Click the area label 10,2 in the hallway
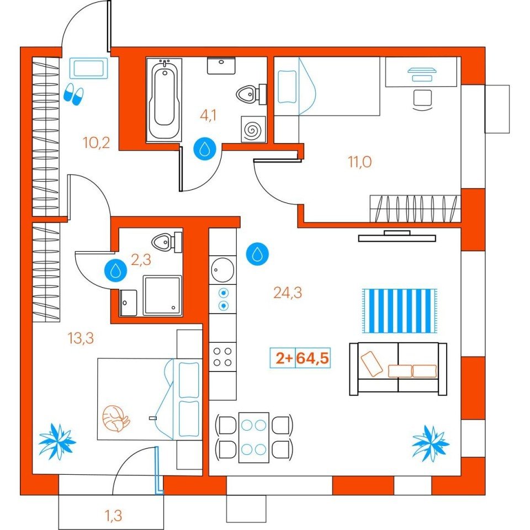(x=97, y=143)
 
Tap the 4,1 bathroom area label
(x=208, y=115)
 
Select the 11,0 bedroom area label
(x=360, y=162)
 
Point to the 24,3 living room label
(x=288, y=293)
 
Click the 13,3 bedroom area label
(x=81, y=338)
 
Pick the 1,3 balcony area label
(x=113, y=516)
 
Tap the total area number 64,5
(x=312, y=358)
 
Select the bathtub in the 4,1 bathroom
(x=165, y=100)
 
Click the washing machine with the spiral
(x=253, y=129)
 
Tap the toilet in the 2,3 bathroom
(x=167, y=242)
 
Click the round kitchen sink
(x=222, y=270)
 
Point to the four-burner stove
(x=222, y=357)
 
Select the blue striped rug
(x=400, y=311)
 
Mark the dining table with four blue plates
(x=254, y=437)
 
